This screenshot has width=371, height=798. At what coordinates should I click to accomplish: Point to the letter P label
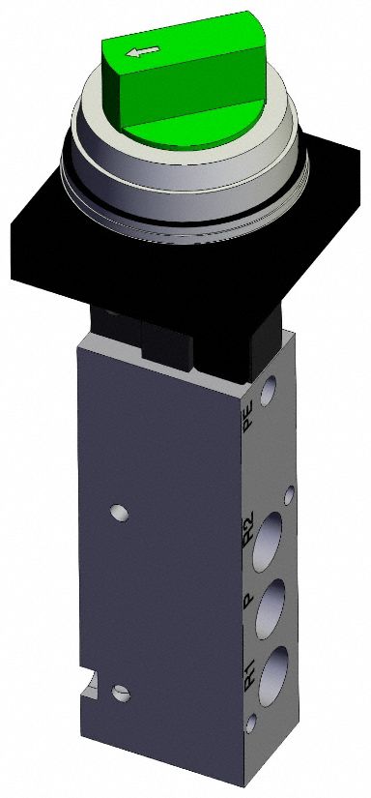coord(247,601)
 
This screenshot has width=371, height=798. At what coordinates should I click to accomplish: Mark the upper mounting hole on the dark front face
coord(119,510)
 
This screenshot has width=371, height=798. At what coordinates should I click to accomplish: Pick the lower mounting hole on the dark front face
coord(120,693)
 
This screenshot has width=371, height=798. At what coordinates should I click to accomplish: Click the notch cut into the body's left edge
coord(89,686)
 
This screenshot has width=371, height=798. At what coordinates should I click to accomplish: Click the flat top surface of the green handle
coord(184,39)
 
